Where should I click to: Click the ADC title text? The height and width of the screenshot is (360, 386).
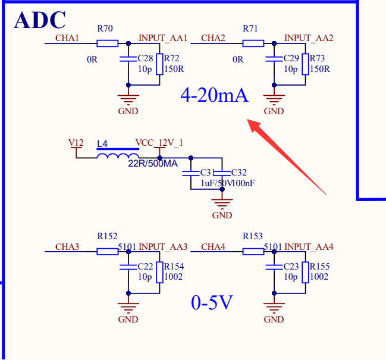coord(40,20)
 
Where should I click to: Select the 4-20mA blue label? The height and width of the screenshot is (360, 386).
coord(214,95)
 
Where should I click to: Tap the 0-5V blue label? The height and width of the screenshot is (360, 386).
coord(212,303)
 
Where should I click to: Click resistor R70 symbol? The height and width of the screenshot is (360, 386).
coord(108,43)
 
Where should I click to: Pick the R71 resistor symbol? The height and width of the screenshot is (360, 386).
coord(253,43)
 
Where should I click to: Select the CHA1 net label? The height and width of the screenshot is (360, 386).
coord(67,38)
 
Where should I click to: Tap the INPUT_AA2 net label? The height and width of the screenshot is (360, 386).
coord(309,38)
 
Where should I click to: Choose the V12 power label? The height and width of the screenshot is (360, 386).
coord(76,143)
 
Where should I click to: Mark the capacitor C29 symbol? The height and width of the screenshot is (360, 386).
coord(274,60)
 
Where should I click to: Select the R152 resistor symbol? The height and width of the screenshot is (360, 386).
coord(108,251)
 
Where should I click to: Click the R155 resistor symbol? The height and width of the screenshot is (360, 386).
coord(305,273)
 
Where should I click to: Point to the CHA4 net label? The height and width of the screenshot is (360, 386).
coord(213,246)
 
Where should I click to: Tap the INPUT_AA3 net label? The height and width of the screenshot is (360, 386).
coord(163,246)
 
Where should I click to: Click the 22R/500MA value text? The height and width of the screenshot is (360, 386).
coord(153,164)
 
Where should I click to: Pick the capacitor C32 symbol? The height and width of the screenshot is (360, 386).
coord(222,173)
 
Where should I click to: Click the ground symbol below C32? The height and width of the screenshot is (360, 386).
coord(222,204)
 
